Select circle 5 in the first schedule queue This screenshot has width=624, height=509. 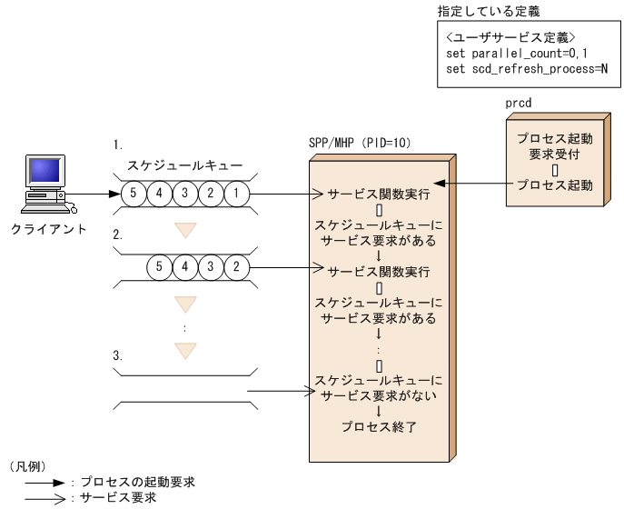[x=134, y=194]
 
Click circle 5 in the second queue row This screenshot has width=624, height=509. [x=159, y=267]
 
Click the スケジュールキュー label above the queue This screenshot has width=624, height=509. [x=183, y=166]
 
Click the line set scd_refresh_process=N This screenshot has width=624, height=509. [x=527, y=69]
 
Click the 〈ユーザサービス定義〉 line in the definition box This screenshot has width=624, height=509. [x=508, y=37]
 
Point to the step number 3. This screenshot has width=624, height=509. [x=118, y=355]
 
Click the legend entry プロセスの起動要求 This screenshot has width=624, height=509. [x=137, y=482]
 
